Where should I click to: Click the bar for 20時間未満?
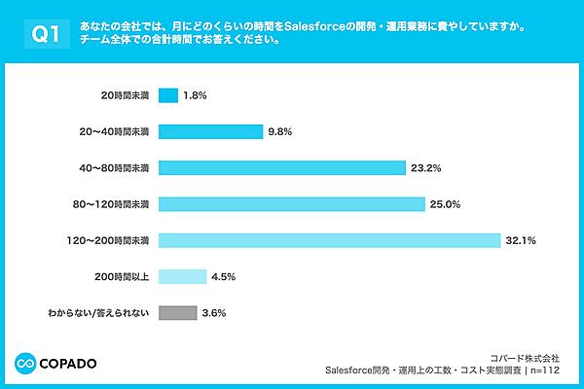[x=167, y=95]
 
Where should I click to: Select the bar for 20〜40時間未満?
[x=210, y=131]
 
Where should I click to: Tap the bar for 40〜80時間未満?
[x=281, y=167]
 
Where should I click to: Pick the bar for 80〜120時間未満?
[x=291, y=203]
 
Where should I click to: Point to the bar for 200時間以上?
[x=182, y=276]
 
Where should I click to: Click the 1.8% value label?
[x=196, y=95]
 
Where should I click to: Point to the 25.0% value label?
[x=446, y=203]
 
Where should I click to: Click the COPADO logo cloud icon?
[x=26, y=364]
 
